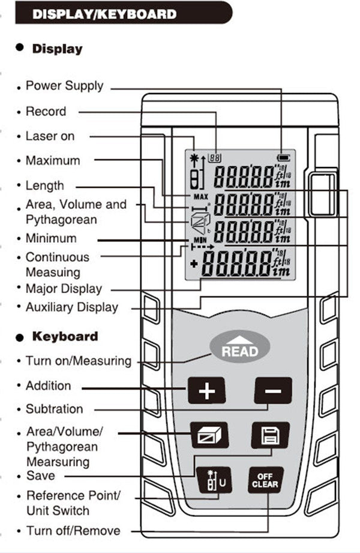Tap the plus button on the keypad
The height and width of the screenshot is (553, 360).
click(x=206, y=392)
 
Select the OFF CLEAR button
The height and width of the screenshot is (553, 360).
click(x=265, y=480)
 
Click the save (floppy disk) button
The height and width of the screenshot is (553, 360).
click(x=269, y=436)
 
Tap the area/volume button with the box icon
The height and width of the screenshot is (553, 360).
click(x=209, y=435)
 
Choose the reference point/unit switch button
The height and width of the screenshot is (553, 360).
click(x=212, y=480)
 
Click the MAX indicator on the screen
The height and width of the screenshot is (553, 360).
click(x=200, y=196)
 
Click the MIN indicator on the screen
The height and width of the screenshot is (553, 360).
click(x=200, y=239)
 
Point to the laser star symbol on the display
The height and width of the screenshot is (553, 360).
click(x=193, y=158)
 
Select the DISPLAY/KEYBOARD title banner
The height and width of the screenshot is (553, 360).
click(x=114, y=13)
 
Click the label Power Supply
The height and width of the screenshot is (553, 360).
click(x=64, y=86)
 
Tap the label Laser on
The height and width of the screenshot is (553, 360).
click(x=50, y=136)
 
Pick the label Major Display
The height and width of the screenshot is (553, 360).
click(x=64, y=289)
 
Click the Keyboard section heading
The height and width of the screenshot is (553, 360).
click(x=65, y=336)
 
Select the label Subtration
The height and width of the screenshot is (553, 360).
click(x=54, y=409)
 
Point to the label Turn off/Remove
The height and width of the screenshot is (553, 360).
click(x=73, y=531)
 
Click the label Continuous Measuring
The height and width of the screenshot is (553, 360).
click(x=57, y=265)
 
